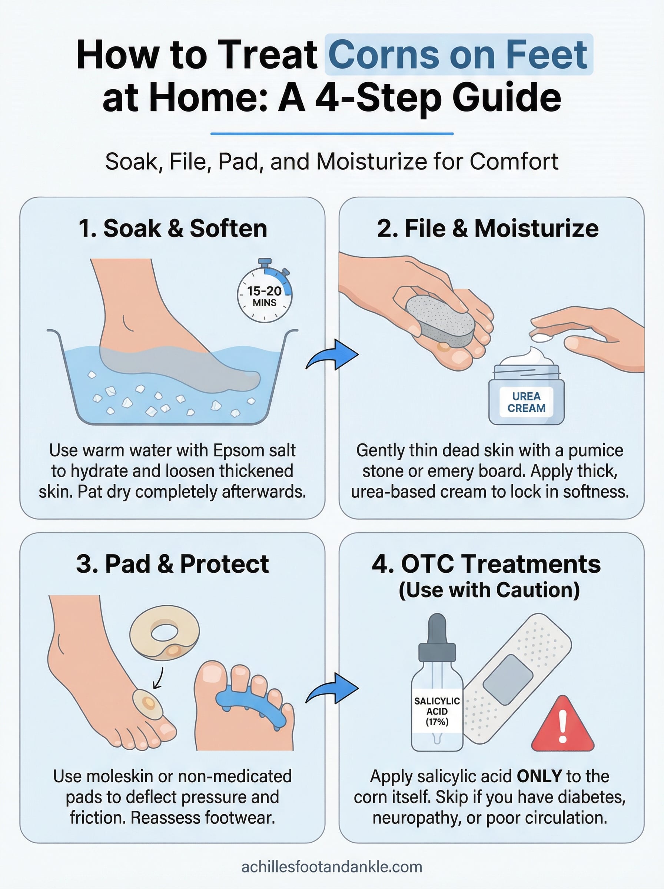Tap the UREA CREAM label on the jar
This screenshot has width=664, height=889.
526,402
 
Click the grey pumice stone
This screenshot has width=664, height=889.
441,322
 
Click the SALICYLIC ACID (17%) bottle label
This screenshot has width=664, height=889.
437,712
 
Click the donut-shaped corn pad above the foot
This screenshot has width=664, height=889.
165,633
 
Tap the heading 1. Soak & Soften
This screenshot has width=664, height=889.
173,229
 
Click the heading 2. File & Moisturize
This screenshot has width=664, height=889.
488,229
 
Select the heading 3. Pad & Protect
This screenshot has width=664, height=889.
173,564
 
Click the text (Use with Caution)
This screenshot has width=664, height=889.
489,590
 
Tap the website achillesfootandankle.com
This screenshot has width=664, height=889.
332,866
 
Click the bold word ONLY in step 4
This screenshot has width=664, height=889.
539,776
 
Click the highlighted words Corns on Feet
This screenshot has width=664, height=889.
458,54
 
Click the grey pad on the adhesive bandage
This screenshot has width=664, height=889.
508,680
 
